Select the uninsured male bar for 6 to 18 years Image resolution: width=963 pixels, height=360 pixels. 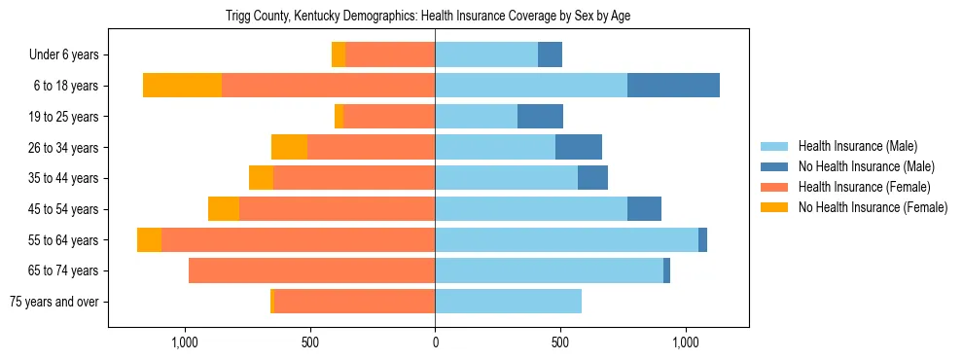[673, 86]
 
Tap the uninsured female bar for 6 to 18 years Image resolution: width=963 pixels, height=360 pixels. [182, 86]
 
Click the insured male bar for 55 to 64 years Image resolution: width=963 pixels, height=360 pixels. [566, 239]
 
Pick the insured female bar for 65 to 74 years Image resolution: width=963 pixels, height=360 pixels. [311, 270]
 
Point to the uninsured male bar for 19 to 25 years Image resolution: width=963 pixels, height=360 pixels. [540, 117]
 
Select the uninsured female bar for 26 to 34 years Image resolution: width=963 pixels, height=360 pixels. [289, 147]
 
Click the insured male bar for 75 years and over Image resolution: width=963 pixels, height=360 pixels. [508, 302]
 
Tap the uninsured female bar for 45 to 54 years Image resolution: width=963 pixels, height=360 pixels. [224, 209]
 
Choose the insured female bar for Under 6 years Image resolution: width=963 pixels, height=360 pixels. [390, 54]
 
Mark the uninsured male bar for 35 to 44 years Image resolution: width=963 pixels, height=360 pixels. [592, 178]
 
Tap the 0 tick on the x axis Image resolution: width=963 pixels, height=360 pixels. [435, 342]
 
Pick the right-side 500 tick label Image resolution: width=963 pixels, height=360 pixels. [559, 342]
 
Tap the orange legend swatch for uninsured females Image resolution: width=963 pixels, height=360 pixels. [775, 207]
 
